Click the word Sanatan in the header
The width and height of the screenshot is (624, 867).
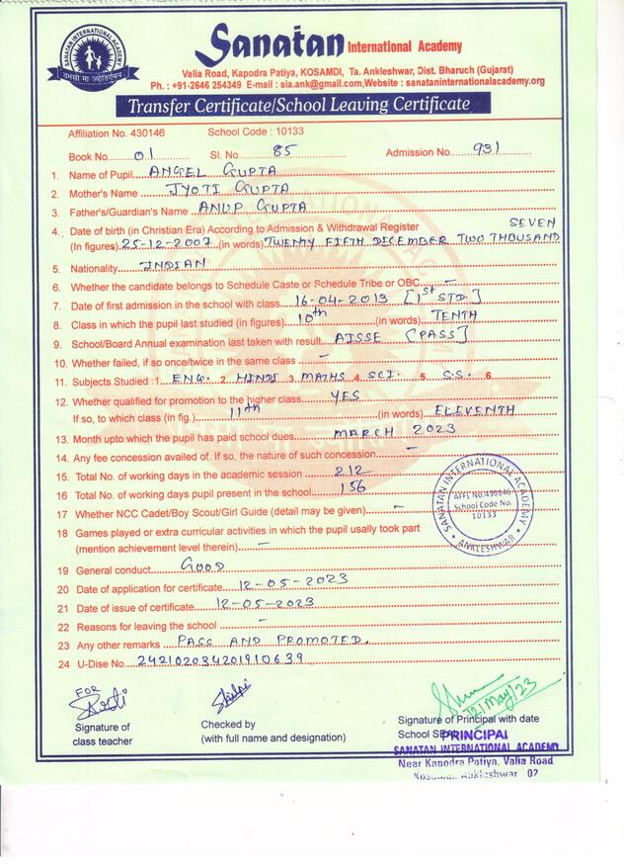tap(268, 43)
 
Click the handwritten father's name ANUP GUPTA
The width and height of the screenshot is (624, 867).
tap(239, 208)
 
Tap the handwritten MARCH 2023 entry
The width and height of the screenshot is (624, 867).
tap(395, 430)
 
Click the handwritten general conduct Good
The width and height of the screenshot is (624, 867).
tap(204, 566)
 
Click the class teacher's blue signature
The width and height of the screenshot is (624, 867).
tap(99, 702)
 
